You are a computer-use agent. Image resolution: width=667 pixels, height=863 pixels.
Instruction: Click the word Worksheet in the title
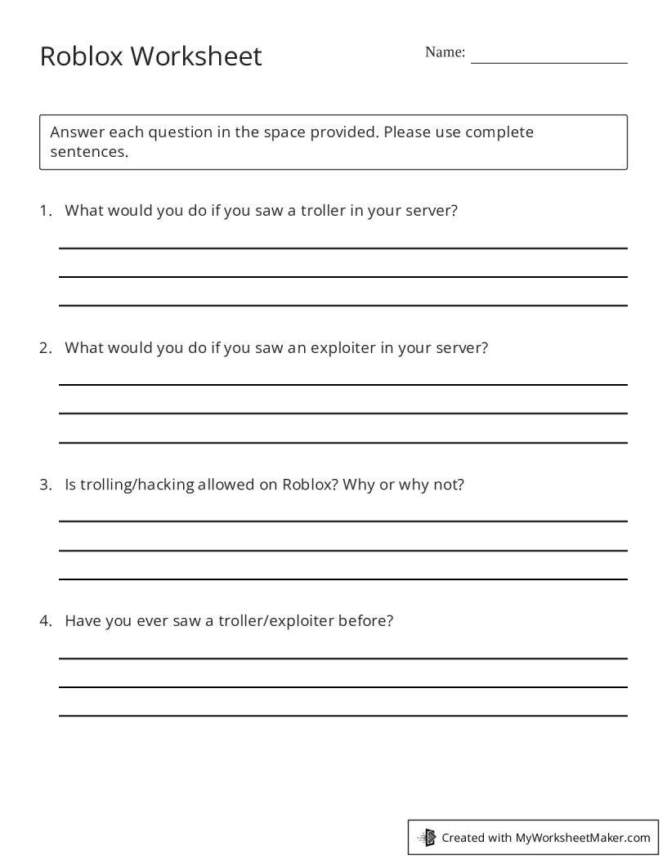(x=196, y=56)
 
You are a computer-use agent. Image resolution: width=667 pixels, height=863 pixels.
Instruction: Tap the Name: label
(x=445, y=52)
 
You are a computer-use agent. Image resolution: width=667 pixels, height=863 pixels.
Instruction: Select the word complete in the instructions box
(x=499, y=132)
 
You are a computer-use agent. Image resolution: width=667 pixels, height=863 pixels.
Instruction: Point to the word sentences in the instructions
(x=89, y=152)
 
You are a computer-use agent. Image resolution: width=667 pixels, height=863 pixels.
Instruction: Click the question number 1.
(x=45, y=210)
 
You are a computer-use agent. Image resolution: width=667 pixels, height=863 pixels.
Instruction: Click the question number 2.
(x=45, y=347)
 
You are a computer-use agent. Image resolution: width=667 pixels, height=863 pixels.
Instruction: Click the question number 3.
(x=45, y=484)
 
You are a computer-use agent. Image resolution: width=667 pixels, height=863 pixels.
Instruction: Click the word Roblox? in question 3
(x=311, y=484)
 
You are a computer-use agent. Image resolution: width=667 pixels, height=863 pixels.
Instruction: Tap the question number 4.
(x=45, y=620)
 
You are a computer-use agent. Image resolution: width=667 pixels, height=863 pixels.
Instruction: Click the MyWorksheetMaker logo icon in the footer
(x=428, y=837)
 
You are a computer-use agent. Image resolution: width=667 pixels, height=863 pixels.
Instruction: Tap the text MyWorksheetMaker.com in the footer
(x=583, y=838)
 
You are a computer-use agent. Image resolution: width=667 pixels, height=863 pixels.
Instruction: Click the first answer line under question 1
(x=343, y=248)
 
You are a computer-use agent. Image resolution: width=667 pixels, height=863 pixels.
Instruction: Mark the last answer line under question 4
(x=343, y=716)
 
